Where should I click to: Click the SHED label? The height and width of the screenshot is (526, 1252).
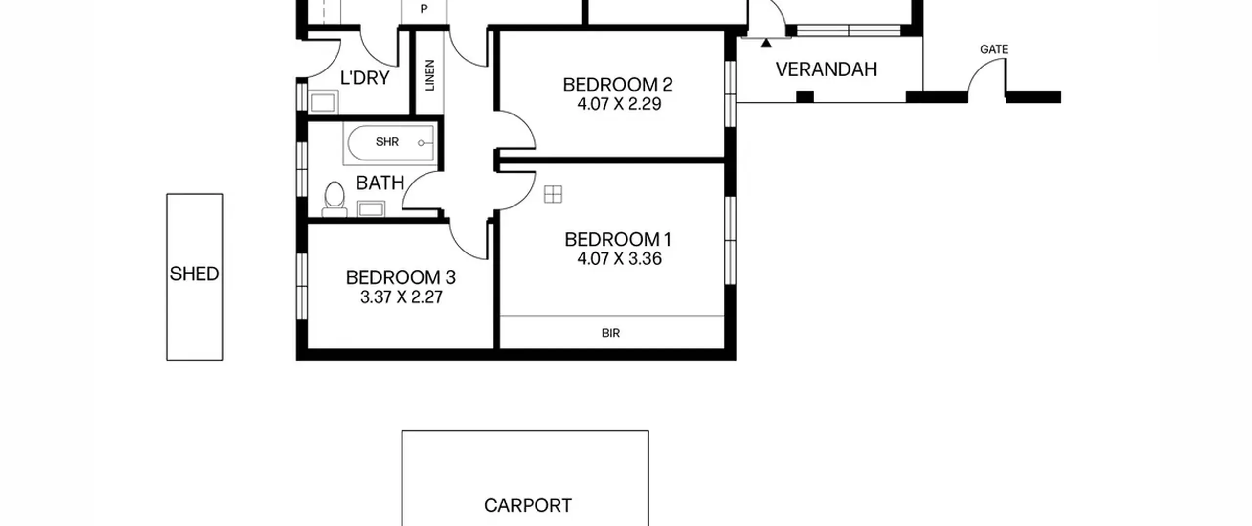click(x=194, y=274)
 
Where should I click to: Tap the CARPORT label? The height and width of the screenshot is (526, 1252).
click(x=528, y=505)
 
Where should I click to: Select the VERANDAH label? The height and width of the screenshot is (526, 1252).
click(x=826, y=69)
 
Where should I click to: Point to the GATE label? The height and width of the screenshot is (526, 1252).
click(x=994, y=49)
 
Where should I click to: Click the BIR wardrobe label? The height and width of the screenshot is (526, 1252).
click(x=610, y=333)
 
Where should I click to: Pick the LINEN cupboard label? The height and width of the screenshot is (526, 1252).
click(x=430, y=75)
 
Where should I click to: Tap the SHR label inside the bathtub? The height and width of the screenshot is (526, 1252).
click(x=387, y=142)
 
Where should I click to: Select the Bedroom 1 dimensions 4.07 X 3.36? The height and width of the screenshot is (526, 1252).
click(x=619, y=258)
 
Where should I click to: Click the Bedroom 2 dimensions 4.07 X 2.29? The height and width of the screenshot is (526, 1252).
click(x=619, y=104)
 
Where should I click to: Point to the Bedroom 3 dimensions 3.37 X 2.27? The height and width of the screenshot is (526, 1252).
click(x=401, y=297)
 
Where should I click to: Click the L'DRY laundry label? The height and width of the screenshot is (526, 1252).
click(x=364, y=78)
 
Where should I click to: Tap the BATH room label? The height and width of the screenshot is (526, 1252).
click(x=380, y=183)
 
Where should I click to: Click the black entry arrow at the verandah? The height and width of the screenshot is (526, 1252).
click(x=766, y=43)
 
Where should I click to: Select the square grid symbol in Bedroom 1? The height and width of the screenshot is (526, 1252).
click(x=553, y=194)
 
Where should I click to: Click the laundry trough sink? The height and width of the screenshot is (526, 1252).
click(x=323, y=102)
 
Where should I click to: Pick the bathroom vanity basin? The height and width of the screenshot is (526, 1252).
click(x=371, y=209)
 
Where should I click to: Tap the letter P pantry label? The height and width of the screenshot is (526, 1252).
click(x=424, y=9)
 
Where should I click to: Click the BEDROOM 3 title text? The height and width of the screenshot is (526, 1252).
click(x=401, y=278)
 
